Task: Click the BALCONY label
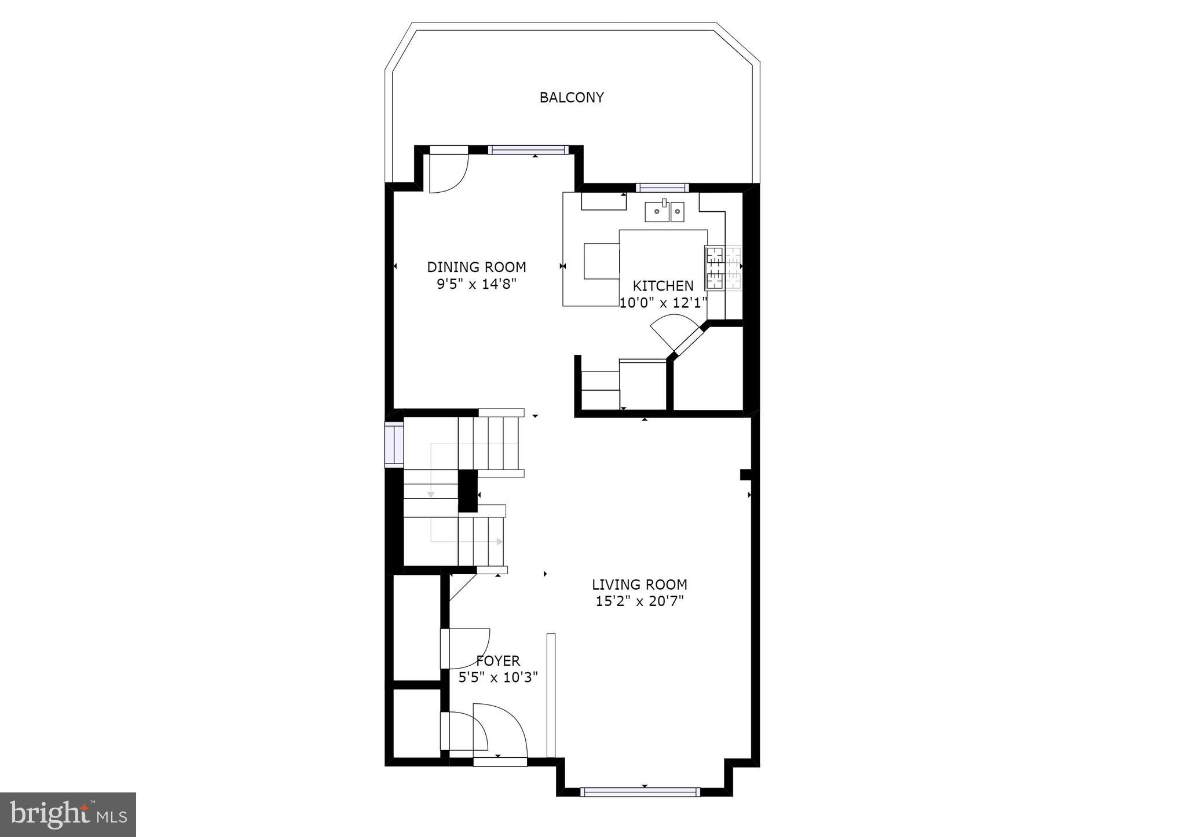click(572, 98)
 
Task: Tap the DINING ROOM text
click(476, 267)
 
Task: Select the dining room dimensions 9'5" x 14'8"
click(476, 284)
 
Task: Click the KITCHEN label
click(662, 286)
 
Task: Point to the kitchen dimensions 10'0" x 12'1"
click(664, 303)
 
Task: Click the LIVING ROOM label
click(639, 585)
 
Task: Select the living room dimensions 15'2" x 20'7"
click(639, 601)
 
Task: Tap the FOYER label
click(498, 660)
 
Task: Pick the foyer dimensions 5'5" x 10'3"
click(498, 677)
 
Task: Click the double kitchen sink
click(665, 212)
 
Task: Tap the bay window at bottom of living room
click(640, 792)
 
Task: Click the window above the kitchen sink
click(662, 188)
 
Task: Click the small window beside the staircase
click(394, 445)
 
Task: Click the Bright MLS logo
click(68, 814)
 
